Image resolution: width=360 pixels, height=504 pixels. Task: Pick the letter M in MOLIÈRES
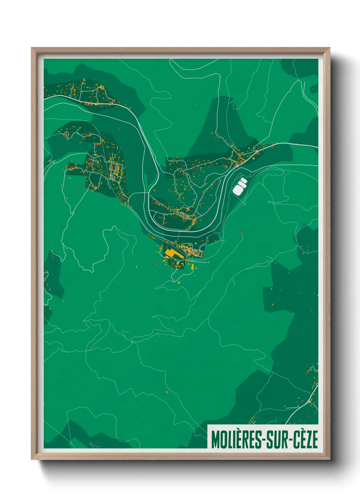[x=215, y=439]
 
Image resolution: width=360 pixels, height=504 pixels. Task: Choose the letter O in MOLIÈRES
[x=222, y=439]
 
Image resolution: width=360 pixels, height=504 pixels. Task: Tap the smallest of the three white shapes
[x=244, y=180]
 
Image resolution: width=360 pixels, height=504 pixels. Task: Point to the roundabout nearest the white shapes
[x=237, y=166]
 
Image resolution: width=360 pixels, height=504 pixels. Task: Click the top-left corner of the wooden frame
[x=32, y=48]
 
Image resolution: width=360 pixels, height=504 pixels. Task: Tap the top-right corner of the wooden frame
[x=329, y=48]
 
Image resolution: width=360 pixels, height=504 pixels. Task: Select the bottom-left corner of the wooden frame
[x=32, y=459]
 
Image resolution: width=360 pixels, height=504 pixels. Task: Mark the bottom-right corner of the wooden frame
[x=329, y=459]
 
